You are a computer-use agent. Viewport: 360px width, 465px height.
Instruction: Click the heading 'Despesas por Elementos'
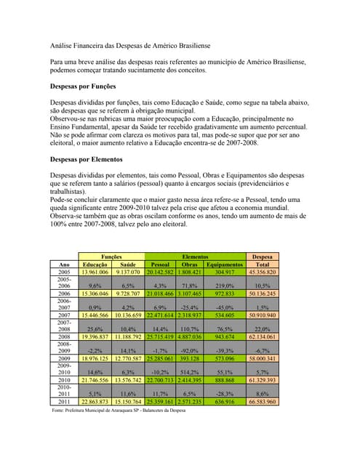click(x=85, y=158)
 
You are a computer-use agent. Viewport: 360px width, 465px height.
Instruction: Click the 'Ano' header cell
click(x=64, y=264)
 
